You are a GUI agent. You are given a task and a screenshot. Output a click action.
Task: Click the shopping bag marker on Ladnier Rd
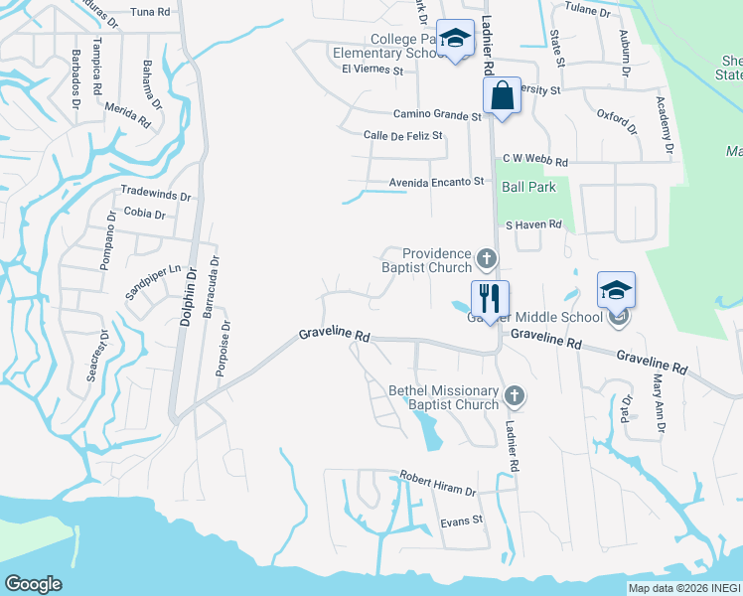click(503, 96)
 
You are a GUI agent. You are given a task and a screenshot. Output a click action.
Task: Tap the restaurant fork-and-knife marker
click(490, 295)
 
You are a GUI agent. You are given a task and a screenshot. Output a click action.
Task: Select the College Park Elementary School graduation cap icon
click(455, 39)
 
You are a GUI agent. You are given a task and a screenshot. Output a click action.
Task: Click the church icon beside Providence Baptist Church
click(486, 259)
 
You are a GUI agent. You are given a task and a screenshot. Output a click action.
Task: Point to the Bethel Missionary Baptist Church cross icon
click(514, 396)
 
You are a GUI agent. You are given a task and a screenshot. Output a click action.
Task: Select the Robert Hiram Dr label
click(438, 484)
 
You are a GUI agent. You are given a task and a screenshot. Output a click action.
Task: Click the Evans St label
click(462, 520)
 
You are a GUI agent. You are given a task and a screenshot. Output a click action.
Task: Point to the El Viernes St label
click(372, 71)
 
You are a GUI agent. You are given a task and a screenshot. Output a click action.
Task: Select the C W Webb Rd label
click(534, 159)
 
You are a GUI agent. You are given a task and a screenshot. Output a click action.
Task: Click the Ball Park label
click(528, 186)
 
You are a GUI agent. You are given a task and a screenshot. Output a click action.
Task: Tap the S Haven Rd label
click(533, 224)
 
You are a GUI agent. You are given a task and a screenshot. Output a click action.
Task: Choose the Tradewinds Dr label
click(154, 190)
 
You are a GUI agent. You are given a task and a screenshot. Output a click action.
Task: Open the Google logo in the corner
click(33, 584)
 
